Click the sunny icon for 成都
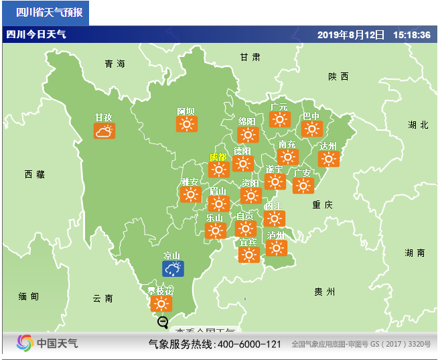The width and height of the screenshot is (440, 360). (x=218, y=170)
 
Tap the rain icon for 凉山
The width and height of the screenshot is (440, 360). (x=173, y=269)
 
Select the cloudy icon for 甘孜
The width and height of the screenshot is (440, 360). (x=104, y=131)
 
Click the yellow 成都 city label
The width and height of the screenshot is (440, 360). (x=218, y=157)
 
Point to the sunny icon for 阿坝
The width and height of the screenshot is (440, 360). (x=186, y=124)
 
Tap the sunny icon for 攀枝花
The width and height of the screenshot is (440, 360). (x=161, y=304)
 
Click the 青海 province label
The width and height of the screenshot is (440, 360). (x=115, y=64)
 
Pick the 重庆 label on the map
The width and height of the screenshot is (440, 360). (x=322, y=204)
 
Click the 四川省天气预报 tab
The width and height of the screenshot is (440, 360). (x=45, y=13)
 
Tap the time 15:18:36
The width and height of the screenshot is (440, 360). (x=412, y=35)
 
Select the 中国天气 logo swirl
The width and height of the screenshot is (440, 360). (x=25, y=343)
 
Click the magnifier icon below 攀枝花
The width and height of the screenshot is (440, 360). (x=163, y=322)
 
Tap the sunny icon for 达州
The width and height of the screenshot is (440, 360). (x=328, y=159)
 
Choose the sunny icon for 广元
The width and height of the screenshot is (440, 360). (x=279, y=119)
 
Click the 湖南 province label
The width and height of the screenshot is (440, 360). (x=415, y=253)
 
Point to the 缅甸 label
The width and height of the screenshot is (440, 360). (x=29, y=296)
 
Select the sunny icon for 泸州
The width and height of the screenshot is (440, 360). (x=276, y=248)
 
